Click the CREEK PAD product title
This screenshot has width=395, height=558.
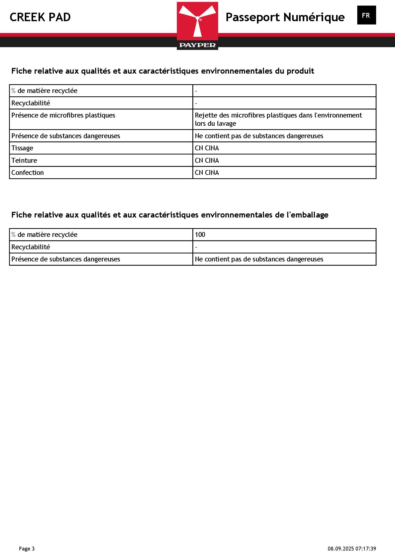coord(40,17)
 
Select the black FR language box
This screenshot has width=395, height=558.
coord(366,15)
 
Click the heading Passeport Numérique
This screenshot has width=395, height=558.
coord(285,17)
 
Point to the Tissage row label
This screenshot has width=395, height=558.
coord(22,148)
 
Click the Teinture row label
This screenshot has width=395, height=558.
coord(24,160)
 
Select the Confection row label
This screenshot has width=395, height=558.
coord(27,173)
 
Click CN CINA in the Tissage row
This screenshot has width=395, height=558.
coord(207,148)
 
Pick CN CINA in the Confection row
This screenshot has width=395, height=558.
coord(207,173)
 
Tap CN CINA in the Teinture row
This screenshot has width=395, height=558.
coord(207,160)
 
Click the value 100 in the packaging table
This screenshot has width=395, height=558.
coord(200,235)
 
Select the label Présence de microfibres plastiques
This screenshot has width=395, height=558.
coord(63,115)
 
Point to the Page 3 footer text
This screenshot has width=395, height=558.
coord(27,549)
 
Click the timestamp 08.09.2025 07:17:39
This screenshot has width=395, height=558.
coord(352,549)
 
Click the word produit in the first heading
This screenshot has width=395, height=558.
coord(300,71)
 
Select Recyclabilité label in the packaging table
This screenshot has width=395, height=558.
coord(31,247)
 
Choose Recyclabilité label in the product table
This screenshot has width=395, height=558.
coord(31,103)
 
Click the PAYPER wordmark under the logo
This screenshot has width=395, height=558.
coord(197,45)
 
